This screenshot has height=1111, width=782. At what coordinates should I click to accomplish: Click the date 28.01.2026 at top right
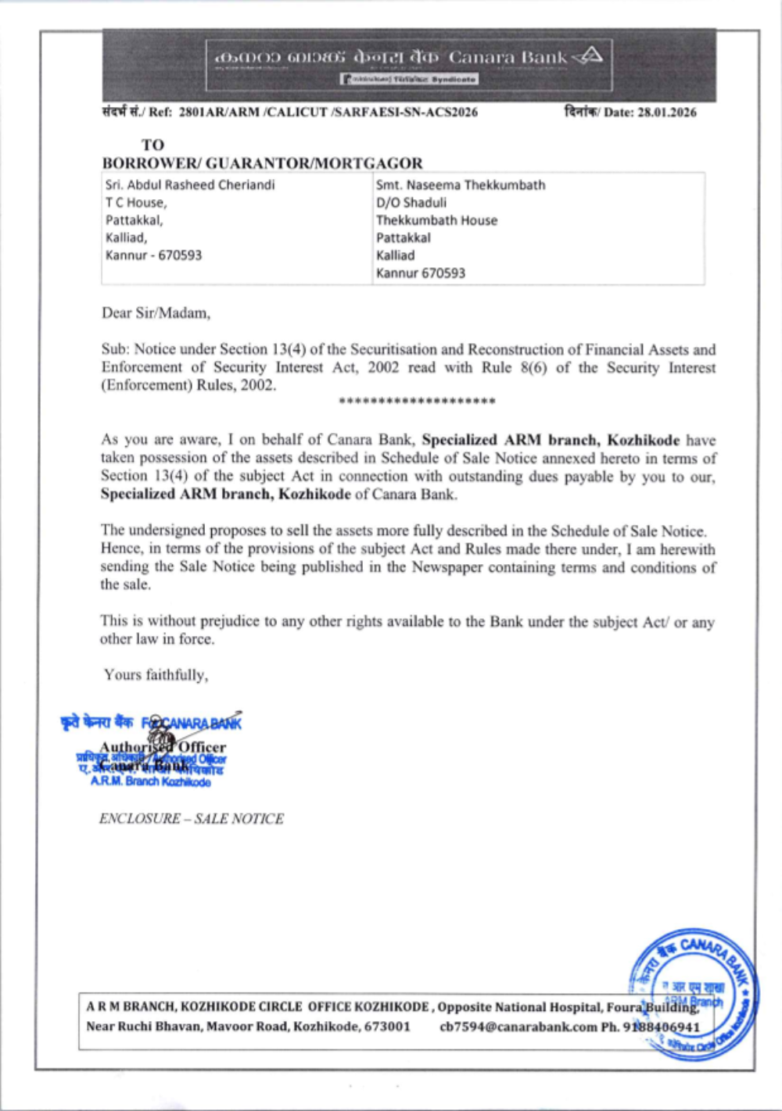(x=666, y=113)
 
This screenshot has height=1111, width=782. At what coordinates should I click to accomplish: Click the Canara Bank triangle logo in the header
(x=588, y=55)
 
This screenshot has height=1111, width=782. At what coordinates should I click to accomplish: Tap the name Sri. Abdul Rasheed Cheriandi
(x=190, y=185)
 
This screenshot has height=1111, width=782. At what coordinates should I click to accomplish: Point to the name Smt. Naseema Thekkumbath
(x=461, y=185)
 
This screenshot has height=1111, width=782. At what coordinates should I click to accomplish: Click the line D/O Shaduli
(x=411, y=202)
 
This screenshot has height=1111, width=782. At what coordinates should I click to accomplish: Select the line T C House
(x=136, y=202)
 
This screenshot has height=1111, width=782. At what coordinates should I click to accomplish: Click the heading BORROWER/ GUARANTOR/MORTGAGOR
(x=262, y=163)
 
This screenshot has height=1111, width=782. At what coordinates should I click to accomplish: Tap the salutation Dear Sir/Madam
(x=156, y=313)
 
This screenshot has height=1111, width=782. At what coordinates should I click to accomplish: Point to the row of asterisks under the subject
(x=417, y=402)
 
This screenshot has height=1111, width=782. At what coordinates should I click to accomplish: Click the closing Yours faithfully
(x=156, y=675)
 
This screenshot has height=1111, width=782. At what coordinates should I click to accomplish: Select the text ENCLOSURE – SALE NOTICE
(x=192, y=819)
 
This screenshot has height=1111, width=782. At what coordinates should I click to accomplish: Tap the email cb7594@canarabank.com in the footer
(x=518, y=1027)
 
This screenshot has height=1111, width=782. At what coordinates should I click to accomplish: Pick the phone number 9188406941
(x=661, y=1027)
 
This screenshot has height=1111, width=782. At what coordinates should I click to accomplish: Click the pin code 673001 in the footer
(x=387, y=1027)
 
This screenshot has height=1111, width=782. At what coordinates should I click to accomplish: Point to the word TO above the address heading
(x=152, y=145)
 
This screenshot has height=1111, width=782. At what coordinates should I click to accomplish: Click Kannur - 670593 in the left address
(x=154, y=255)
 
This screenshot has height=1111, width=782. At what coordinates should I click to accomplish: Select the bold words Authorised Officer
(x=163, y=747)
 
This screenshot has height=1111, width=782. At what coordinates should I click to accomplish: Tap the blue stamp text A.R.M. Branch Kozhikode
(x=150, y=781)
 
